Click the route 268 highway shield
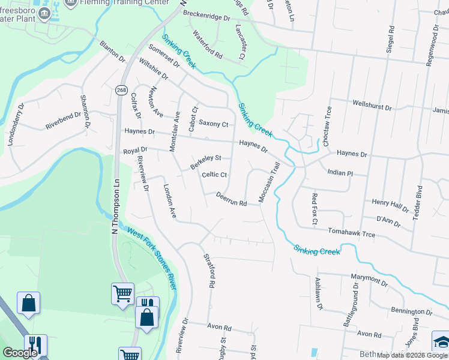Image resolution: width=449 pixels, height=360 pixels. pyautogui.click(x=122, y=89)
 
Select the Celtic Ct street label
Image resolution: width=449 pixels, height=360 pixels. pyautogui.click(x=214, y=175)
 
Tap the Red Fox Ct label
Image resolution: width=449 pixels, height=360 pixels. pyautogui.click(x=314, y=209)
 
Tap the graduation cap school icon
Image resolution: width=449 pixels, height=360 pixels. pyautogui.click(x=441, y=341)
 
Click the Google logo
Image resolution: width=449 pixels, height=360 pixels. pyautogui.click(x=20, y=353)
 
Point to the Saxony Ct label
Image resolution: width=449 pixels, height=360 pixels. pyautogui.click(x=214, y=124)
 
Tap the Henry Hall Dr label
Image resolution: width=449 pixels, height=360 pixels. pyautogui.click(x=390, y=206)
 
